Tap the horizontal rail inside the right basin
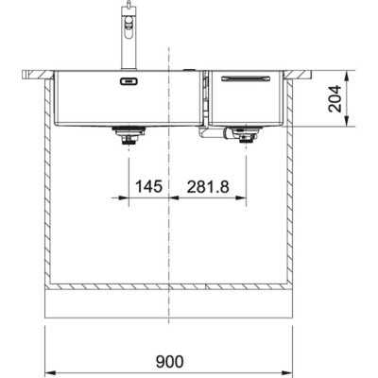click(245, 82)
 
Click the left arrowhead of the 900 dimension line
click(49, 371)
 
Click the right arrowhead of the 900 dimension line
click(289, 371)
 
